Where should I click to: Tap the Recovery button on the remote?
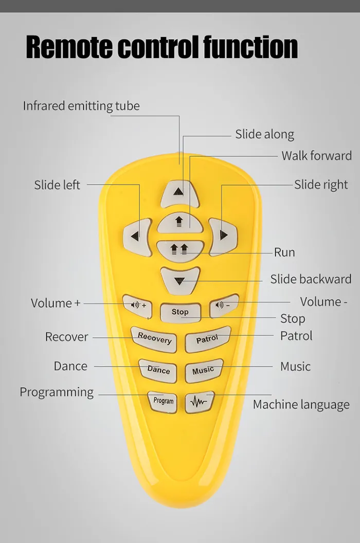pos(154,339)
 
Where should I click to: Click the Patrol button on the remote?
pos(208,339)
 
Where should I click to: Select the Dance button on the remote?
pos(158,370)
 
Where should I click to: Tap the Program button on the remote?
pos(163,402)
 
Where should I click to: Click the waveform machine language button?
pos(199,402)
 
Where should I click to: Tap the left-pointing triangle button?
pos(137,237)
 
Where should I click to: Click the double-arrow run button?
pos(180,250)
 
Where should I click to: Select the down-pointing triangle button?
pos(180,281)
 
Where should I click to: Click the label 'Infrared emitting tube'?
pos(81,106)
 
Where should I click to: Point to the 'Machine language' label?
pos(301,405)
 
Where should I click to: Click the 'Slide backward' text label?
pos(311,279)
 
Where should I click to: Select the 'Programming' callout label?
pos(57,393)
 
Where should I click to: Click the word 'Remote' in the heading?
pos(69,47)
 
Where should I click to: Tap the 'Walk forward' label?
pos(317,156)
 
